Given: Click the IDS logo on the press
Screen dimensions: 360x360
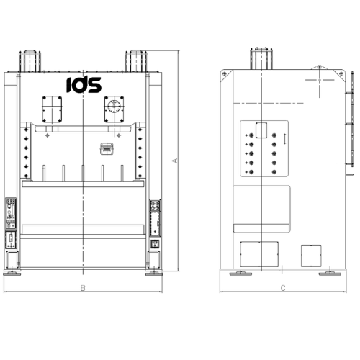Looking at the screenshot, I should coord(84,85).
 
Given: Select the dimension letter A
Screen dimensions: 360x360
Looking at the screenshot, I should coord(175,161).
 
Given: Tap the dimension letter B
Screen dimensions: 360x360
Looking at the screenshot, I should coord(84,289).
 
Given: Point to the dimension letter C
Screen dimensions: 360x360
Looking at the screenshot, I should coord(283,289).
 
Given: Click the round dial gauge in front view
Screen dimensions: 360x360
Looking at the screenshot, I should coord(114,108).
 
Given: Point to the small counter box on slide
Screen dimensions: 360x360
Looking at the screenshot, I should coord(107,149).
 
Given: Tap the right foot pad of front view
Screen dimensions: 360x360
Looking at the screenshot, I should coord(154,272).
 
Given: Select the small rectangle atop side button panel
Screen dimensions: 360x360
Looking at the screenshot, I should coord(261,130).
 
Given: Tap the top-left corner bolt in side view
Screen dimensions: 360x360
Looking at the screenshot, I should coord(225,74).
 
